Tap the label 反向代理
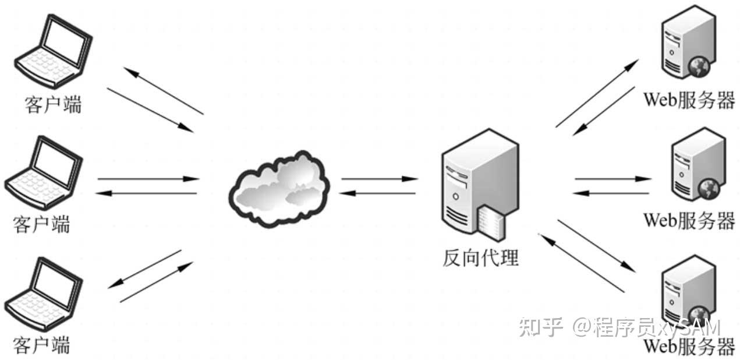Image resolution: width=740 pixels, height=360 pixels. coord(480,257)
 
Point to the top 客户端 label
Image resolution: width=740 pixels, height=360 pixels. coord(53,104)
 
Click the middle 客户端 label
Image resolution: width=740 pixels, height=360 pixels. coord(41,224)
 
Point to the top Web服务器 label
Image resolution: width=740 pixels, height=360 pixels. coord(688,100)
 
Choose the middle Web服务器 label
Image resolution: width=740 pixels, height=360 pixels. coord(688,220)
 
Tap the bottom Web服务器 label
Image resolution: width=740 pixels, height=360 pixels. coord(688,348)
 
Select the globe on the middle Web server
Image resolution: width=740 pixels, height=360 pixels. coord(709,188)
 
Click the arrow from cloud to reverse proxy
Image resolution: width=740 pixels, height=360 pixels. coord(379,179)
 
